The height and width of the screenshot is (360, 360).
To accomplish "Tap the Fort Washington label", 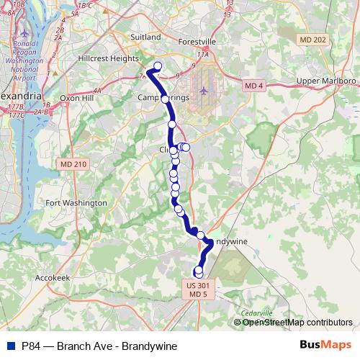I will [76, 203].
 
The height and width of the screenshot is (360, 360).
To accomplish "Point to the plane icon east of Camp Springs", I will [204, 91].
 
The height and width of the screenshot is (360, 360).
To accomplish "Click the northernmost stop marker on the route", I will [158, 67].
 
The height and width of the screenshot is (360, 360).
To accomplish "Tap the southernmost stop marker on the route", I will [199, 273].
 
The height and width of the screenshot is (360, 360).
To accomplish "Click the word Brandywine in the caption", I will [150, 346].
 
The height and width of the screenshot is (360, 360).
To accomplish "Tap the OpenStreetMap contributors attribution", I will [297, 323].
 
